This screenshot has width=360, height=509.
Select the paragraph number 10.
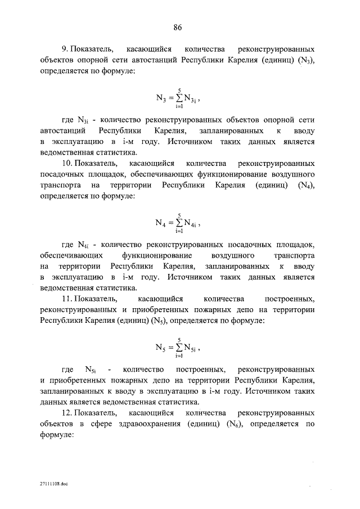pyautogui.click(x=67, y=163)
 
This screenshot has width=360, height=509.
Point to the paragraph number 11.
pyautogui.click(x=67, y=299)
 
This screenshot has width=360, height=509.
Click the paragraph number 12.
pyautogui.click(x=67, y=413)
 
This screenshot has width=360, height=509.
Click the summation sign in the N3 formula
pyautogui.click(x=178, y=97)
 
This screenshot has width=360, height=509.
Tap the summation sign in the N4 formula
pyautogui.click(x=178, y=222)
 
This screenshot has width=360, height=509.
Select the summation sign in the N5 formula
pyautogui.click(x=178, y=346)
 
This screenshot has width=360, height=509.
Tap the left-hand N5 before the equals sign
pyautogui.click(x=160, y=347)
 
